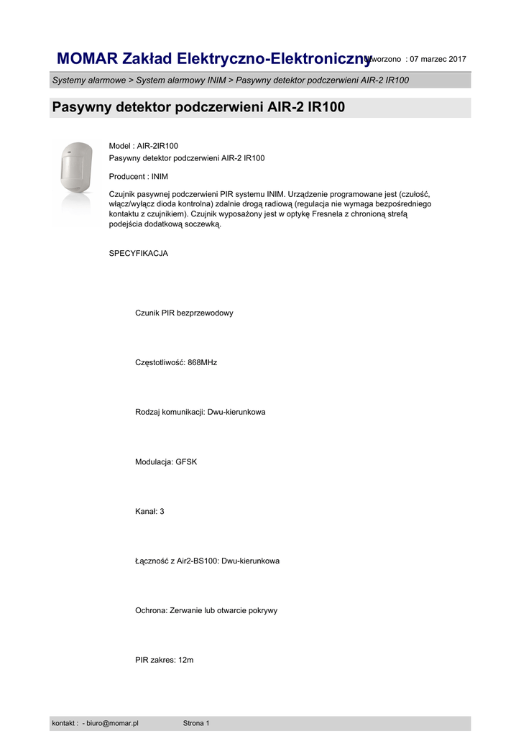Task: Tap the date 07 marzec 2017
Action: coord(438,59)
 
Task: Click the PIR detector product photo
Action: coord(74,167)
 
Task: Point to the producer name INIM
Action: coord(160,176)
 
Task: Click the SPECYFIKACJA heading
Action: coord(138,253)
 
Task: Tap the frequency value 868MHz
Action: coord(202,362)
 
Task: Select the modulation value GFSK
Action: coord(186,461)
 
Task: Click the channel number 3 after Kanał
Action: coord(162,511)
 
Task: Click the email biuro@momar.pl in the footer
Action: coord(112,723)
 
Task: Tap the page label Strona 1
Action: coord(196,723)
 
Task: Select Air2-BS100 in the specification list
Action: coord(197,561)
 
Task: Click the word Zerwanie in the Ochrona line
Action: coord(187,610)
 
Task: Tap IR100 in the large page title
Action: coord(326,108)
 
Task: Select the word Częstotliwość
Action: coord(160,362)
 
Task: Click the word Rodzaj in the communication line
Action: coord(147,412)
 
